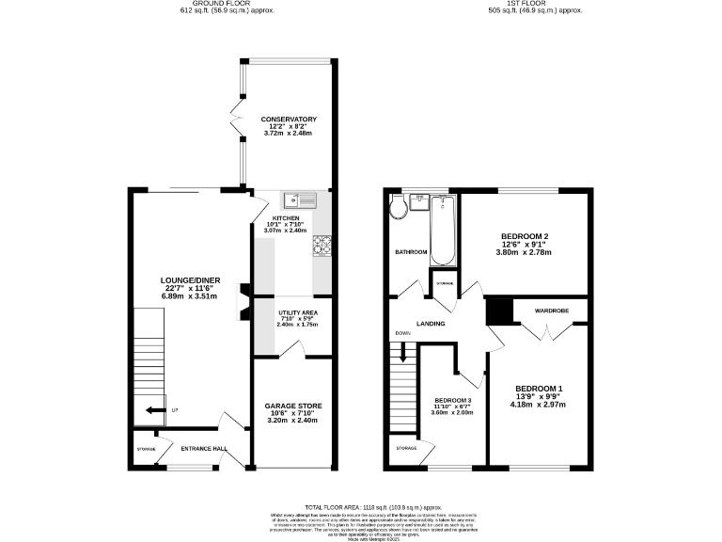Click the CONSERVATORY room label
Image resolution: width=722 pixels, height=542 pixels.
coord(289,120)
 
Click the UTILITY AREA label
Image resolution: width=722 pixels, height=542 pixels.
coord(297,311)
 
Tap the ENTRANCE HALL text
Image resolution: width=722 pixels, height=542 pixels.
coord(204,449)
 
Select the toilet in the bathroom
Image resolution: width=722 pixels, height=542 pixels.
coord(399,206)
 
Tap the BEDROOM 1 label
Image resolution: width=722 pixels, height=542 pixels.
coord(539,389)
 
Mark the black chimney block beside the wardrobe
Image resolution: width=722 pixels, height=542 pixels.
coord(497,311)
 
